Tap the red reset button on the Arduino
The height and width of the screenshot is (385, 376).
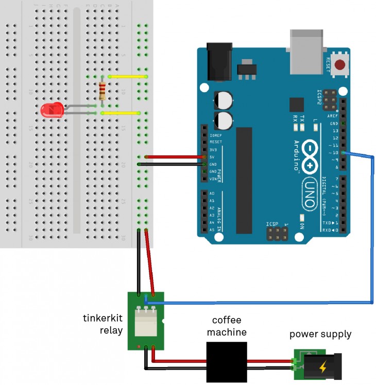[340, 65]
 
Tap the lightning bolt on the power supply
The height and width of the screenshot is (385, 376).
[323, 367]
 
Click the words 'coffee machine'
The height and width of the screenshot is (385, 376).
[227, 325]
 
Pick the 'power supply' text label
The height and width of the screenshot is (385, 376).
[320, 334]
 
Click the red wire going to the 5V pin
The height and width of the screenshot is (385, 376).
[175, 156]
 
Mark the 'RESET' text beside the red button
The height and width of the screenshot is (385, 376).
[328, 65]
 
